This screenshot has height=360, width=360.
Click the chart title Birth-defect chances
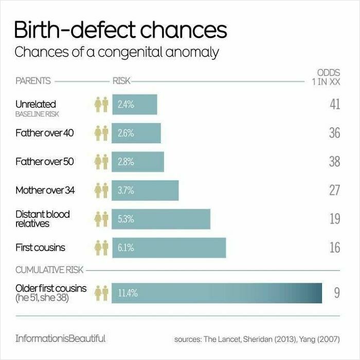[121, 30]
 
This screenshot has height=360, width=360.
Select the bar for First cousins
[169, 248]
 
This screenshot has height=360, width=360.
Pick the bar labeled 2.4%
[135, 105]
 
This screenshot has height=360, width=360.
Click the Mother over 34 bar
[146, 190]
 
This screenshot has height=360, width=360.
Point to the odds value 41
[334, 105]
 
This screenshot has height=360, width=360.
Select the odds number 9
[337, 293]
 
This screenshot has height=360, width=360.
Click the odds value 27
[334, 190]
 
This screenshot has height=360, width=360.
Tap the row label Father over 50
[45, 161]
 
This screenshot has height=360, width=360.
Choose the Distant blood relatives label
[43, 219]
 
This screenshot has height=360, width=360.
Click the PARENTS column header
[33, 81]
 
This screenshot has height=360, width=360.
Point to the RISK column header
[121, 81]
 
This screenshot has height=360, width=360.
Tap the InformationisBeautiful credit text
[61, 338]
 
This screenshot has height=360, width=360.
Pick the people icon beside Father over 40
[101, 133]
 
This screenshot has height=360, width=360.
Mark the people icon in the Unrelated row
[101, 105]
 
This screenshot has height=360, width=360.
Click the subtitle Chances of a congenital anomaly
[117, 52]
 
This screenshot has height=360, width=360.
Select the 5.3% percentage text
[126, 219]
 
